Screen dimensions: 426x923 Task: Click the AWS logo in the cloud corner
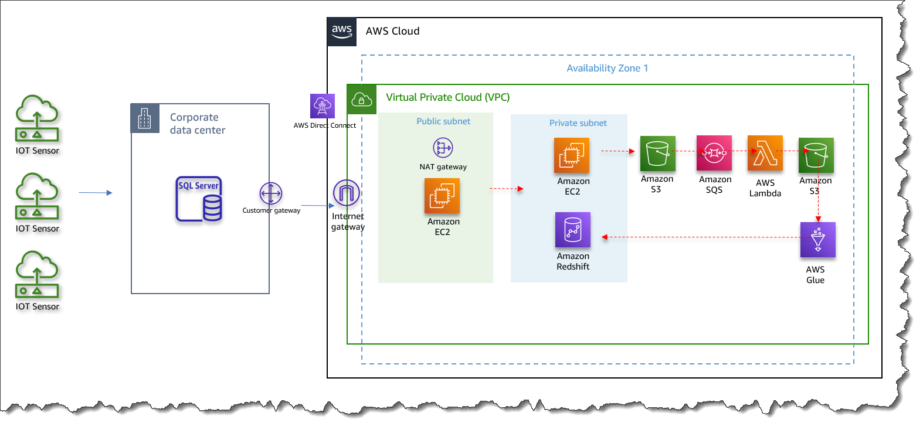(342, 32)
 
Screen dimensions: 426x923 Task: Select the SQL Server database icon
(199, 199)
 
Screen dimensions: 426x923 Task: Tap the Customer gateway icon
(271, 193)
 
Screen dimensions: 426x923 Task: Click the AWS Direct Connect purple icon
(323, 106)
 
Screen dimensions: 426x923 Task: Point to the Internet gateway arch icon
(346, 193)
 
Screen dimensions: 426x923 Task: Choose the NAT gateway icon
(443, 148)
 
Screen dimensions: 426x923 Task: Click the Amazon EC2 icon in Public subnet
(442, 196)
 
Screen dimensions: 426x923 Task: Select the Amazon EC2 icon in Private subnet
(572, 155)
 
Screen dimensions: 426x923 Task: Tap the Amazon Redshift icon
(573, 230)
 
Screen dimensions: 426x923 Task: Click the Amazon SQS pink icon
(714, 153)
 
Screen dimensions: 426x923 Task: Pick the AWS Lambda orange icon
(765, 154)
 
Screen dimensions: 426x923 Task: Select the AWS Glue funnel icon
(817, 239)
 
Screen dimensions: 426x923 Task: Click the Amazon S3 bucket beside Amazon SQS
(657, 154)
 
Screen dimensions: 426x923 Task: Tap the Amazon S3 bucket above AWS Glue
(816, 155)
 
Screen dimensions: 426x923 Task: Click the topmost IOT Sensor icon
(37, 118)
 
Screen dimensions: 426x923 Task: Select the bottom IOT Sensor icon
(37, 274)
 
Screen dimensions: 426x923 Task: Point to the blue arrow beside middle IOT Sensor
(95, 192)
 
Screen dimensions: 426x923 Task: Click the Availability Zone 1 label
(607, 68)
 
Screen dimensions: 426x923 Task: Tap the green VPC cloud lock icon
(362, 100)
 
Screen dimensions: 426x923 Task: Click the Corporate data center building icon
(145, 119)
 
